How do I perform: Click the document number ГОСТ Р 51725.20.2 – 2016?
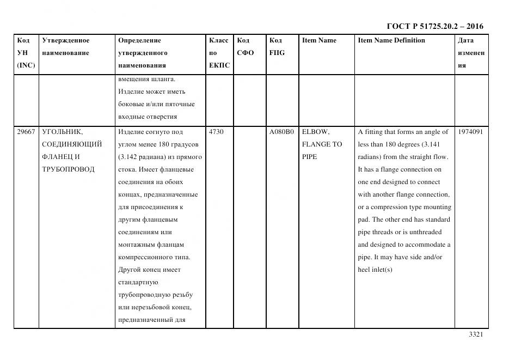(x=435, y=26)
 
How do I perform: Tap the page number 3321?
(x=476, y=334)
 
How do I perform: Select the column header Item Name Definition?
(x=391, y=40)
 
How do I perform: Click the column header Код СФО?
(x=246, y=46)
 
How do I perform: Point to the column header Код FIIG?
(x=277, y=46)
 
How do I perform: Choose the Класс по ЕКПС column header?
(x=219, y=53)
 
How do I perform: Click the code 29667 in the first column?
(x=26, y=132)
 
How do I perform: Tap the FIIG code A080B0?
(x=281, y=132)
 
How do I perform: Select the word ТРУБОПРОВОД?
(x=68, y=169)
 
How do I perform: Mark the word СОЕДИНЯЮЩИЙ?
(x=72, y=144)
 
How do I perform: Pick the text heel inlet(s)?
(x=375, y=270)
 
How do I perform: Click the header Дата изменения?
(x=471, y=53)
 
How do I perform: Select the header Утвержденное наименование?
(x=66, y=46)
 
